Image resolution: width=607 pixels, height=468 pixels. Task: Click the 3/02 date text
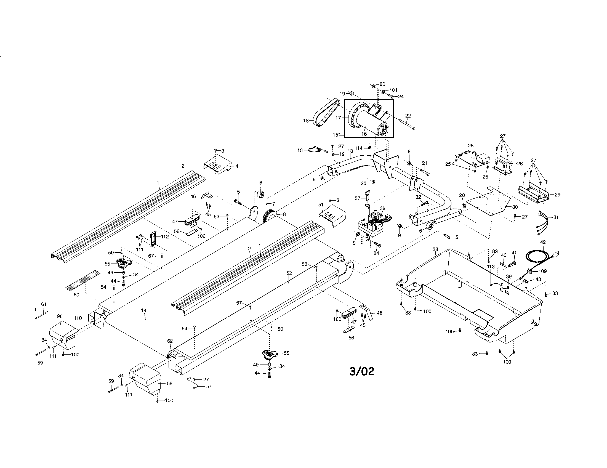tap(362, 372)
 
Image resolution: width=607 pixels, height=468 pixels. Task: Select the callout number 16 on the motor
tap(364, 134)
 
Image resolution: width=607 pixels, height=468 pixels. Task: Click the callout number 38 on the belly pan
tap(435, 249)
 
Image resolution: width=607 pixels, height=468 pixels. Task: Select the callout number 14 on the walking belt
tap(143, 310)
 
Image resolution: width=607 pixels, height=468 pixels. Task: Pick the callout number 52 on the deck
tap(289, 273)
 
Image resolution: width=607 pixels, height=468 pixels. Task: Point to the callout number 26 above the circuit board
tap(470, 146)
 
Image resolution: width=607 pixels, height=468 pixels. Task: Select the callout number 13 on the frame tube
tap(350, 151)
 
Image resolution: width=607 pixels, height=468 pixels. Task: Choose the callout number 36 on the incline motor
tap(382, 208)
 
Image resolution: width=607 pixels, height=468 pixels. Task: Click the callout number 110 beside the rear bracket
tap(78, 318)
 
